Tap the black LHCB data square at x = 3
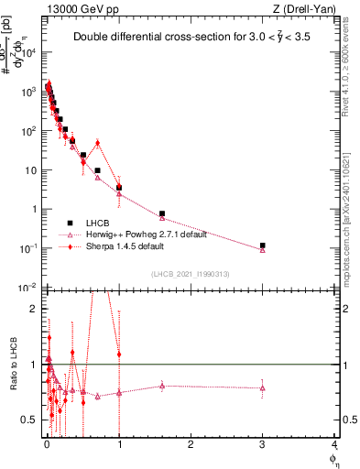263,245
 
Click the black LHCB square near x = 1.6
162,213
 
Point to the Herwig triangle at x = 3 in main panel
263,249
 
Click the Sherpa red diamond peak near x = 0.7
97,143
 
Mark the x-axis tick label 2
191,446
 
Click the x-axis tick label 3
263,446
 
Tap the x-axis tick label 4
334,446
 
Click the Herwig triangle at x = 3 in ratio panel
263,387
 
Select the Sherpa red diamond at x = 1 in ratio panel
119,354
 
